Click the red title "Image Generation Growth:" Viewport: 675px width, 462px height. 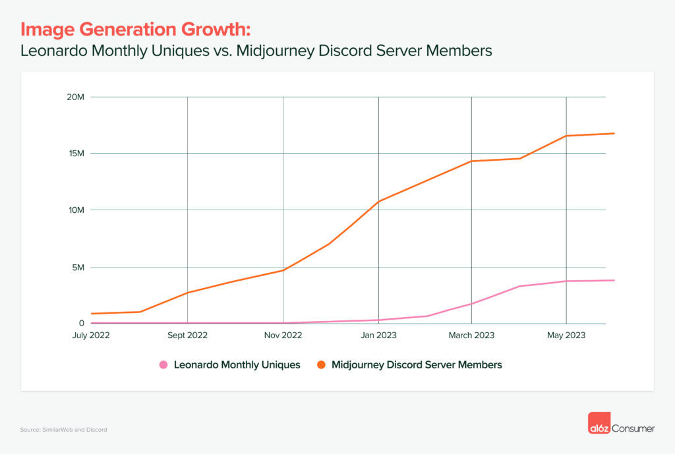tap(136, 29)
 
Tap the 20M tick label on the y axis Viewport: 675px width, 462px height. tap(76, 97)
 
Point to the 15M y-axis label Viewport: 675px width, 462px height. tap(76, 154)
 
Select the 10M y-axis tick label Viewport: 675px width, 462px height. tap(76, 210)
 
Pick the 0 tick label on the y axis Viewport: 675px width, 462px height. tap(82, 323)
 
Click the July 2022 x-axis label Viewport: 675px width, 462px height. tap(91, 335)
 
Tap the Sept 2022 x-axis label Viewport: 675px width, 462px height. tap(188, 335)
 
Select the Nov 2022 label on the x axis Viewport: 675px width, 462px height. tap(283, 335)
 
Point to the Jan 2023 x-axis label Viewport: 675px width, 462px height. tap(378, 335)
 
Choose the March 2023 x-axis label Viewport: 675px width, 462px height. tap(471, 335)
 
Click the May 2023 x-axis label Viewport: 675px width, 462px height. tap(566, 335)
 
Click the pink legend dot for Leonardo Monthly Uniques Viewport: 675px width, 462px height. tap(163, 364)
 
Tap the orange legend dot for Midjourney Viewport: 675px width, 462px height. tap(321, 364)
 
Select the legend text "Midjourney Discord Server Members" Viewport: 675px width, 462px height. tap(417, 364)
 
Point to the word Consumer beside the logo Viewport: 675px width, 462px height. tap(634, 428)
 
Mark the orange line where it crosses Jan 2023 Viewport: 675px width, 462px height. tap(378, 201)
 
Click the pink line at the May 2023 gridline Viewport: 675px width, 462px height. tap(566, 281)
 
